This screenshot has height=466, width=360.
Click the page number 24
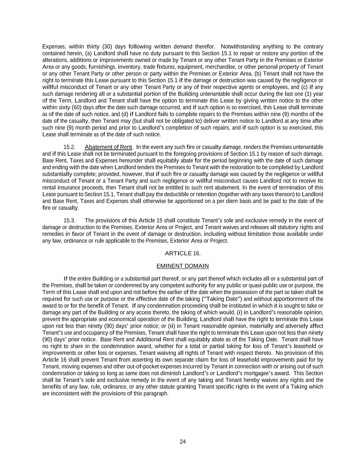click(x=183, y=442)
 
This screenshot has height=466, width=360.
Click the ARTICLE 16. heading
click(x=183, y=253)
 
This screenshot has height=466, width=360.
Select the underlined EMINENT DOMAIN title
click(x=183, y=266)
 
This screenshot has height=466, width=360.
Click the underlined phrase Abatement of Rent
click(x=108, y=147)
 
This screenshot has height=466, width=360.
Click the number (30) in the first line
click(x=107, y=46)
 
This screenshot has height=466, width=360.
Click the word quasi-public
click(x=271, y=285)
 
